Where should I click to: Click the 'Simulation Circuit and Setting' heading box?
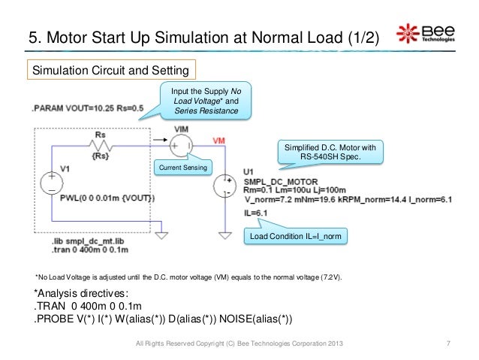click(x=111, y=69)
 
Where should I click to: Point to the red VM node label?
click(x=218, y=141)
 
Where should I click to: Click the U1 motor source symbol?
click(x=224, y=186)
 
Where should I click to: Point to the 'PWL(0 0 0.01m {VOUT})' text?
click(x=107, y=197)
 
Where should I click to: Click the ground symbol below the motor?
click(x=224, y=234)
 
